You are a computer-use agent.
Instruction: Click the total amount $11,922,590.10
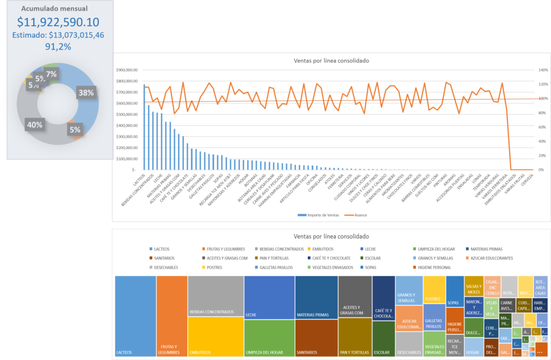click(58, 22)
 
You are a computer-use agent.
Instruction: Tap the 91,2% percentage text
click(58, 46)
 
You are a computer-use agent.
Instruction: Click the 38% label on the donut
click(86, 93)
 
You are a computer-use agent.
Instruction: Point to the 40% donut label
click(34, 125)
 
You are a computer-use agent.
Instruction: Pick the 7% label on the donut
click(51, 74)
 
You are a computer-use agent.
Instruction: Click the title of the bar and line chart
click(331, 61)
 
